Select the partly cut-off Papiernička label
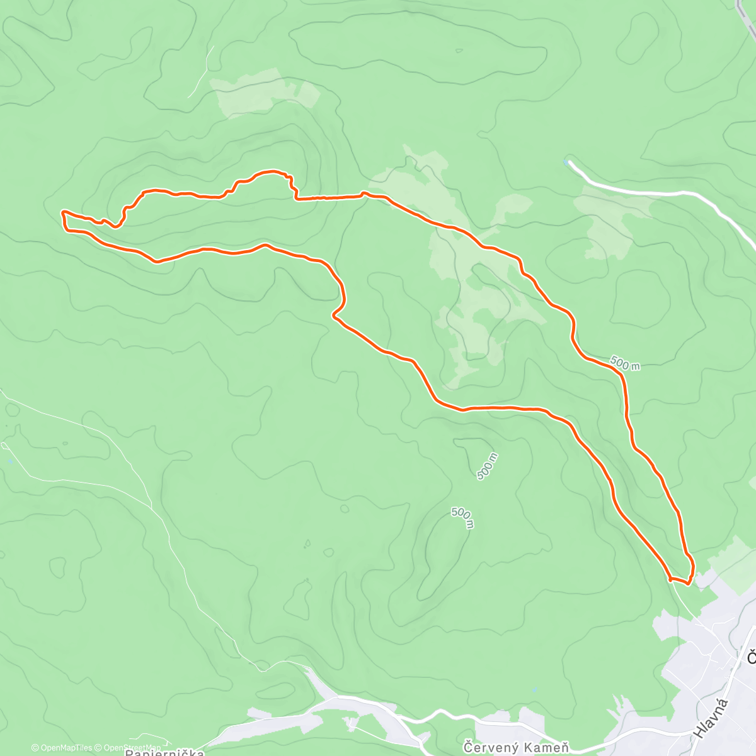click(164, 752)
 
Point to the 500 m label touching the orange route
click(625, 364)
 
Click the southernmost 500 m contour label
click(462, 518)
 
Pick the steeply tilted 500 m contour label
click(487, 466)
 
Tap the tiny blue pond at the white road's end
click(570, 162)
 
